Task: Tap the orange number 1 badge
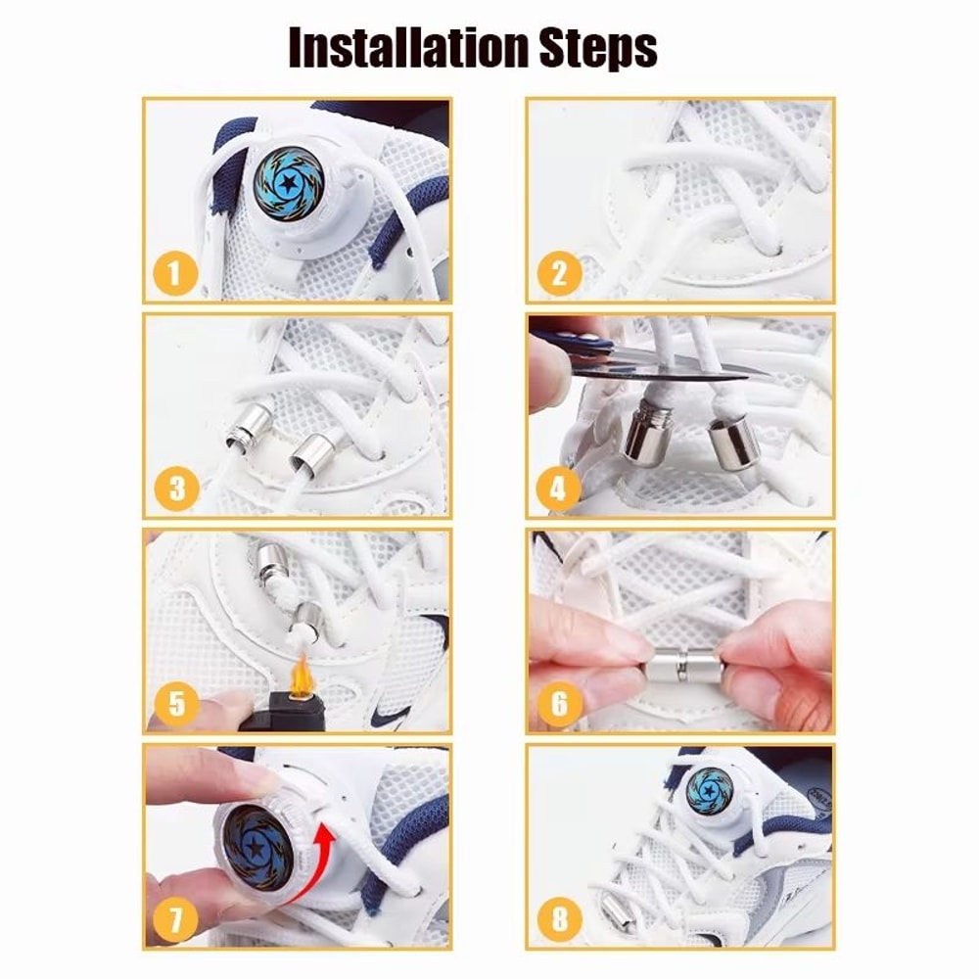[x=175, y=272]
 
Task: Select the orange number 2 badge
[x=559, y=272]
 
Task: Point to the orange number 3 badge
[x=176, y=487]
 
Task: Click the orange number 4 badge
[x=558, y=487]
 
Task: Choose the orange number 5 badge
[x=176, y=701]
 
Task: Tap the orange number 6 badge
[x=559, y=702]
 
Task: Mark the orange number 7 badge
[x=175, y=919]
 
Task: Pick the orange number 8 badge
[x=559, y=919]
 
